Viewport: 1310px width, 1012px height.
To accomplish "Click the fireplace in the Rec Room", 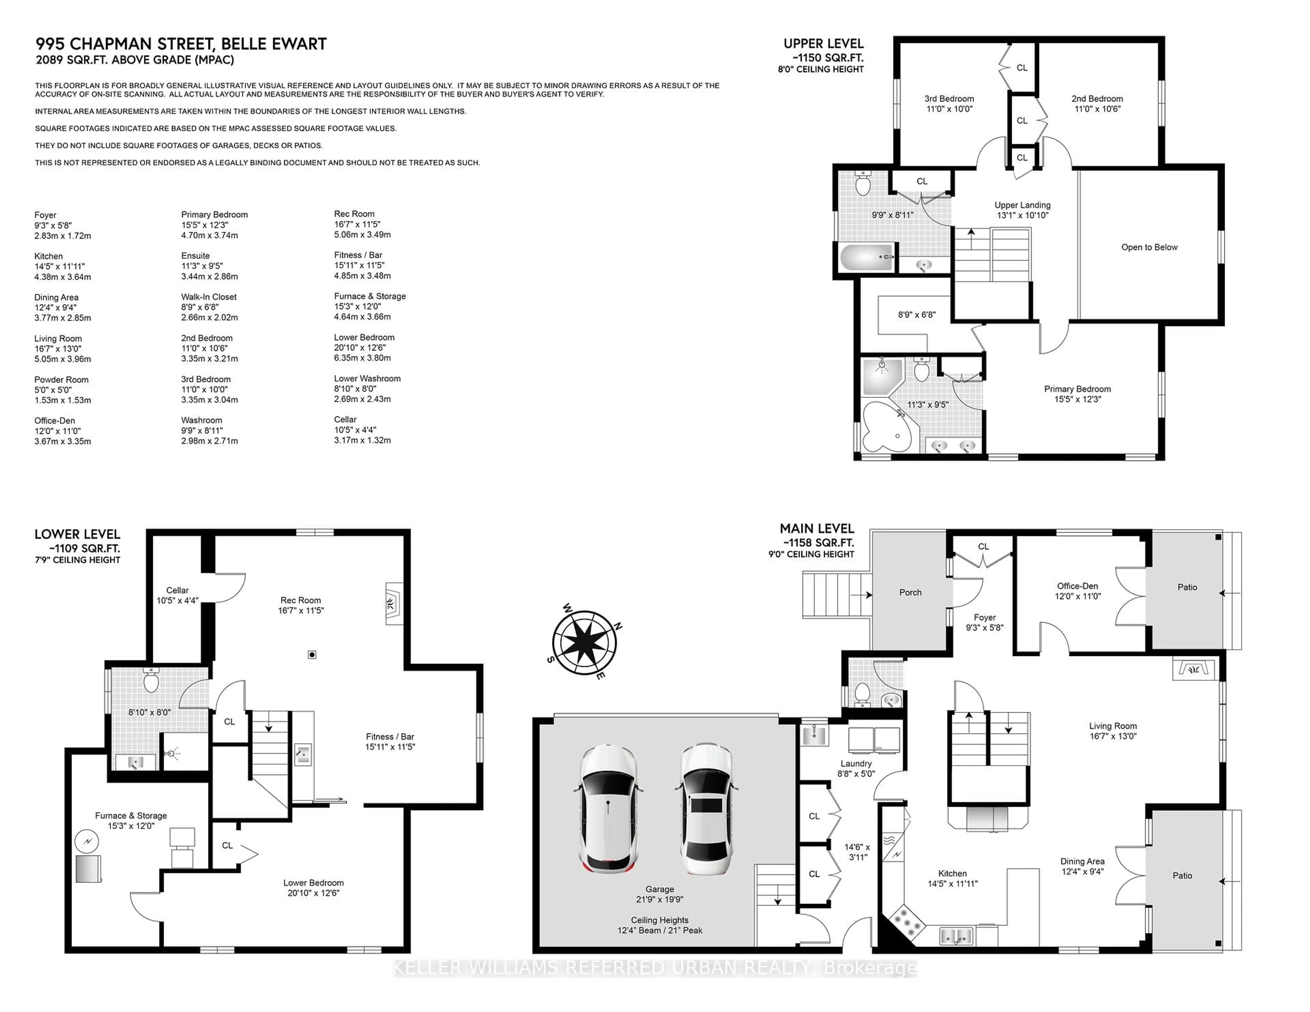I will (393, 604).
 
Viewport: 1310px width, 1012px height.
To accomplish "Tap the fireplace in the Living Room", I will (1193, 669).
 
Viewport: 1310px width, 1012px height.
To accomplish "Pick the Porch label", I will (910, 592).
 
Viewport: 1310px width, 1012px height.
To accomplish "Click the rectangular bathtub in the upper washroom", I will (866, 258).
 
